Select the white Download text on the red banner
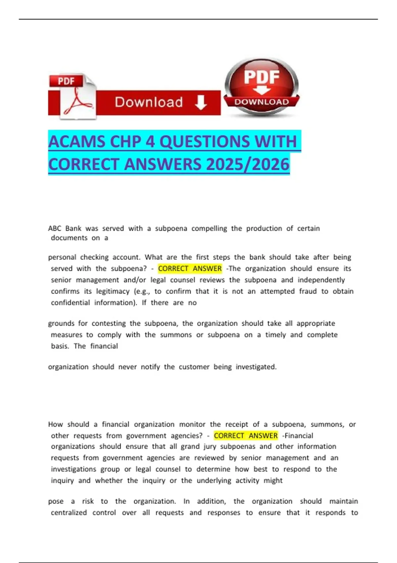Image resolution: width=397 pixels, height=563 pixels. [x=149, y=102]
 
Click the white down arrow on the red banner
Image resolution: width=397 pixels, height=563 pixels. [x=201, y=102]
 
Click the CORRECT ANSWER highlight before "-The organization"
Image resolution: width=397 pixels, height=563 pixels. [x=190, y=269]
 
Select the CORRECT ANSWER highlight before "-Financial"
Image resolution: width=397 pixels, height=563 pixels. [x=246, y=436]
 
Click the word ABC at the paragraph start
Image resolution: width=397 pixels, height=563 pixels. [x=55, y=229]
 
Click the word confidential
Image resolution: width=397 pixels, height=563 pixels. [x=70, y=303]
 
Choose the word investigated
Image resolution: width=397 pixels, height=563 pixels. [x=256, y=367]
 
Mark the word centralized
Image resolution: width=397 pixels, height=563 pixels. [x=69, y=513]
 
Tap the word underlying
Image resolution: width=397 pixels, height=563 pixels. [x=214, y=481]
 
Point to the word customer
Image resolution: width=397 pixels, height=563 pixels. [x=194, y=367]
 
